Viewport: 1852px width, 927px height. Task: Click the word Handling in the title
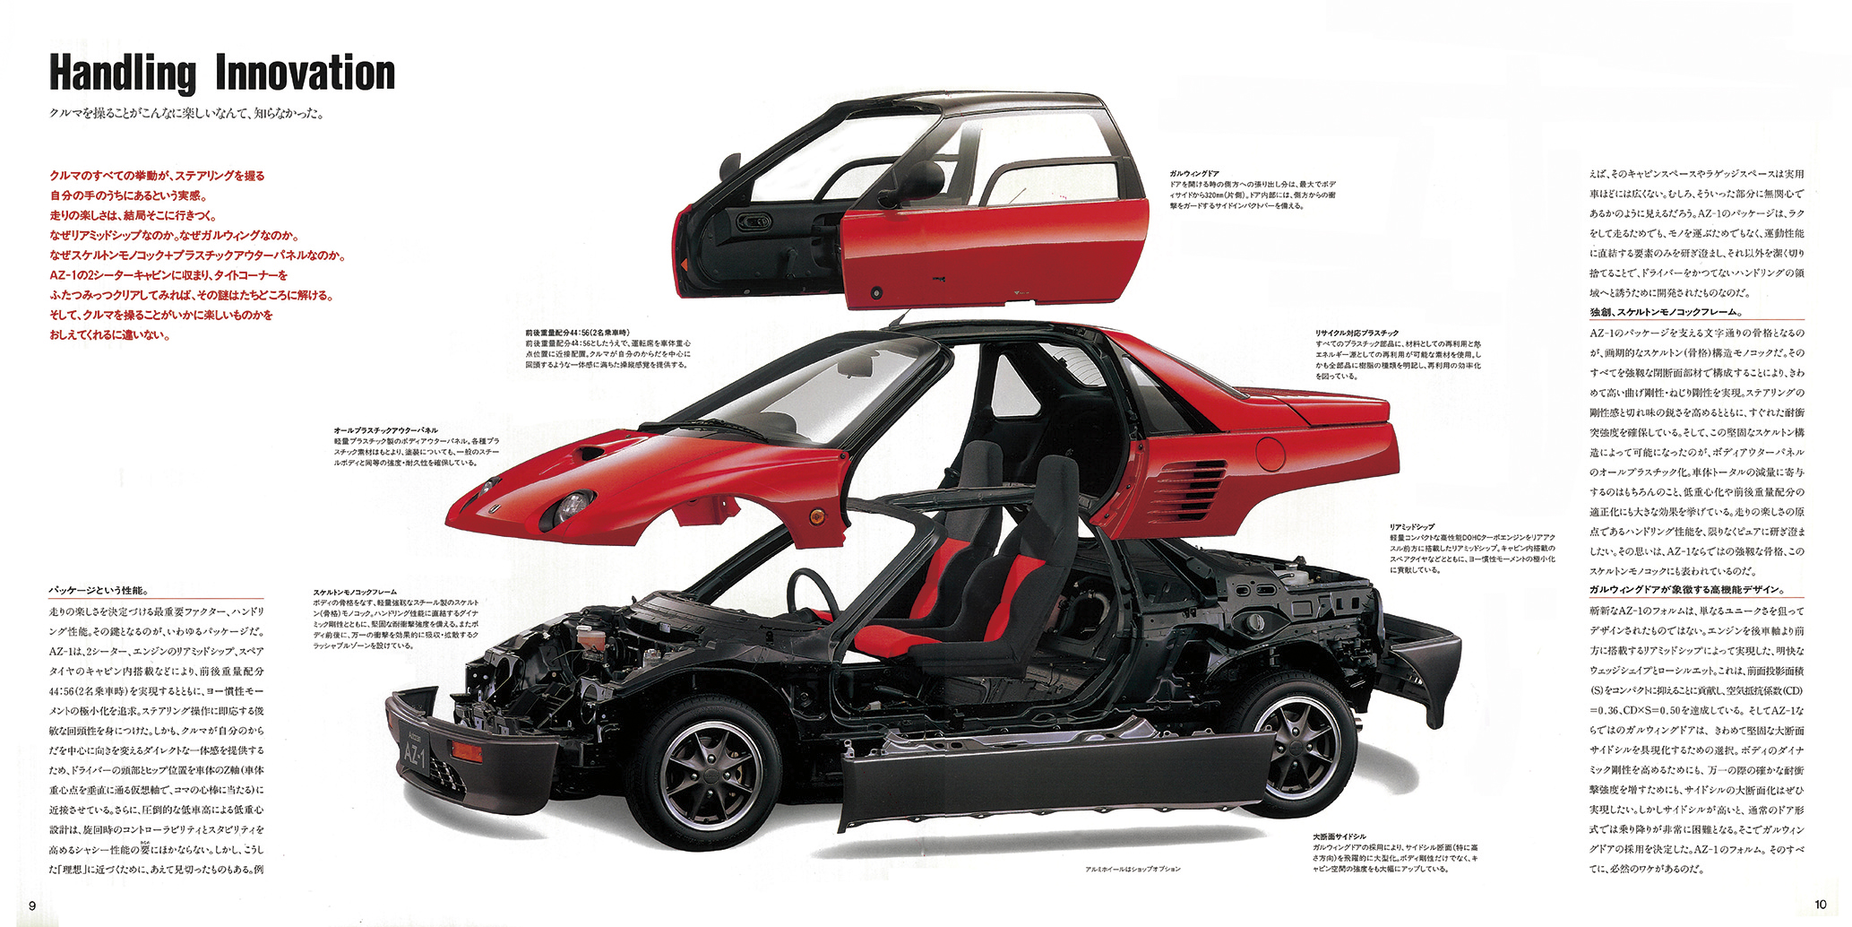(122, 74)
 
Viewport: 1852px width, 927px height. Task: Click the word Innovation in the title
(305, 74)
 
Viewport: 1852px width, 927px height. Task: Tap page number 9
(32, 904)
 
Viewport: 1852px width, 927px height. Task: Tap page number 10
(1820, 904)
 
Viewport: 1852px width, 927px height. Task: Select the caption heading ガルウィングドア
(1193, 173)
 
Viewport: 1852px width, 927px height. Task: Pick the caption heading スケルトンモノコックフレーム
(355, 593)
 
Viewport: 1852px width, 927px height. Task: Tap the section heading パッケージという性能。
(99, 591)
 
